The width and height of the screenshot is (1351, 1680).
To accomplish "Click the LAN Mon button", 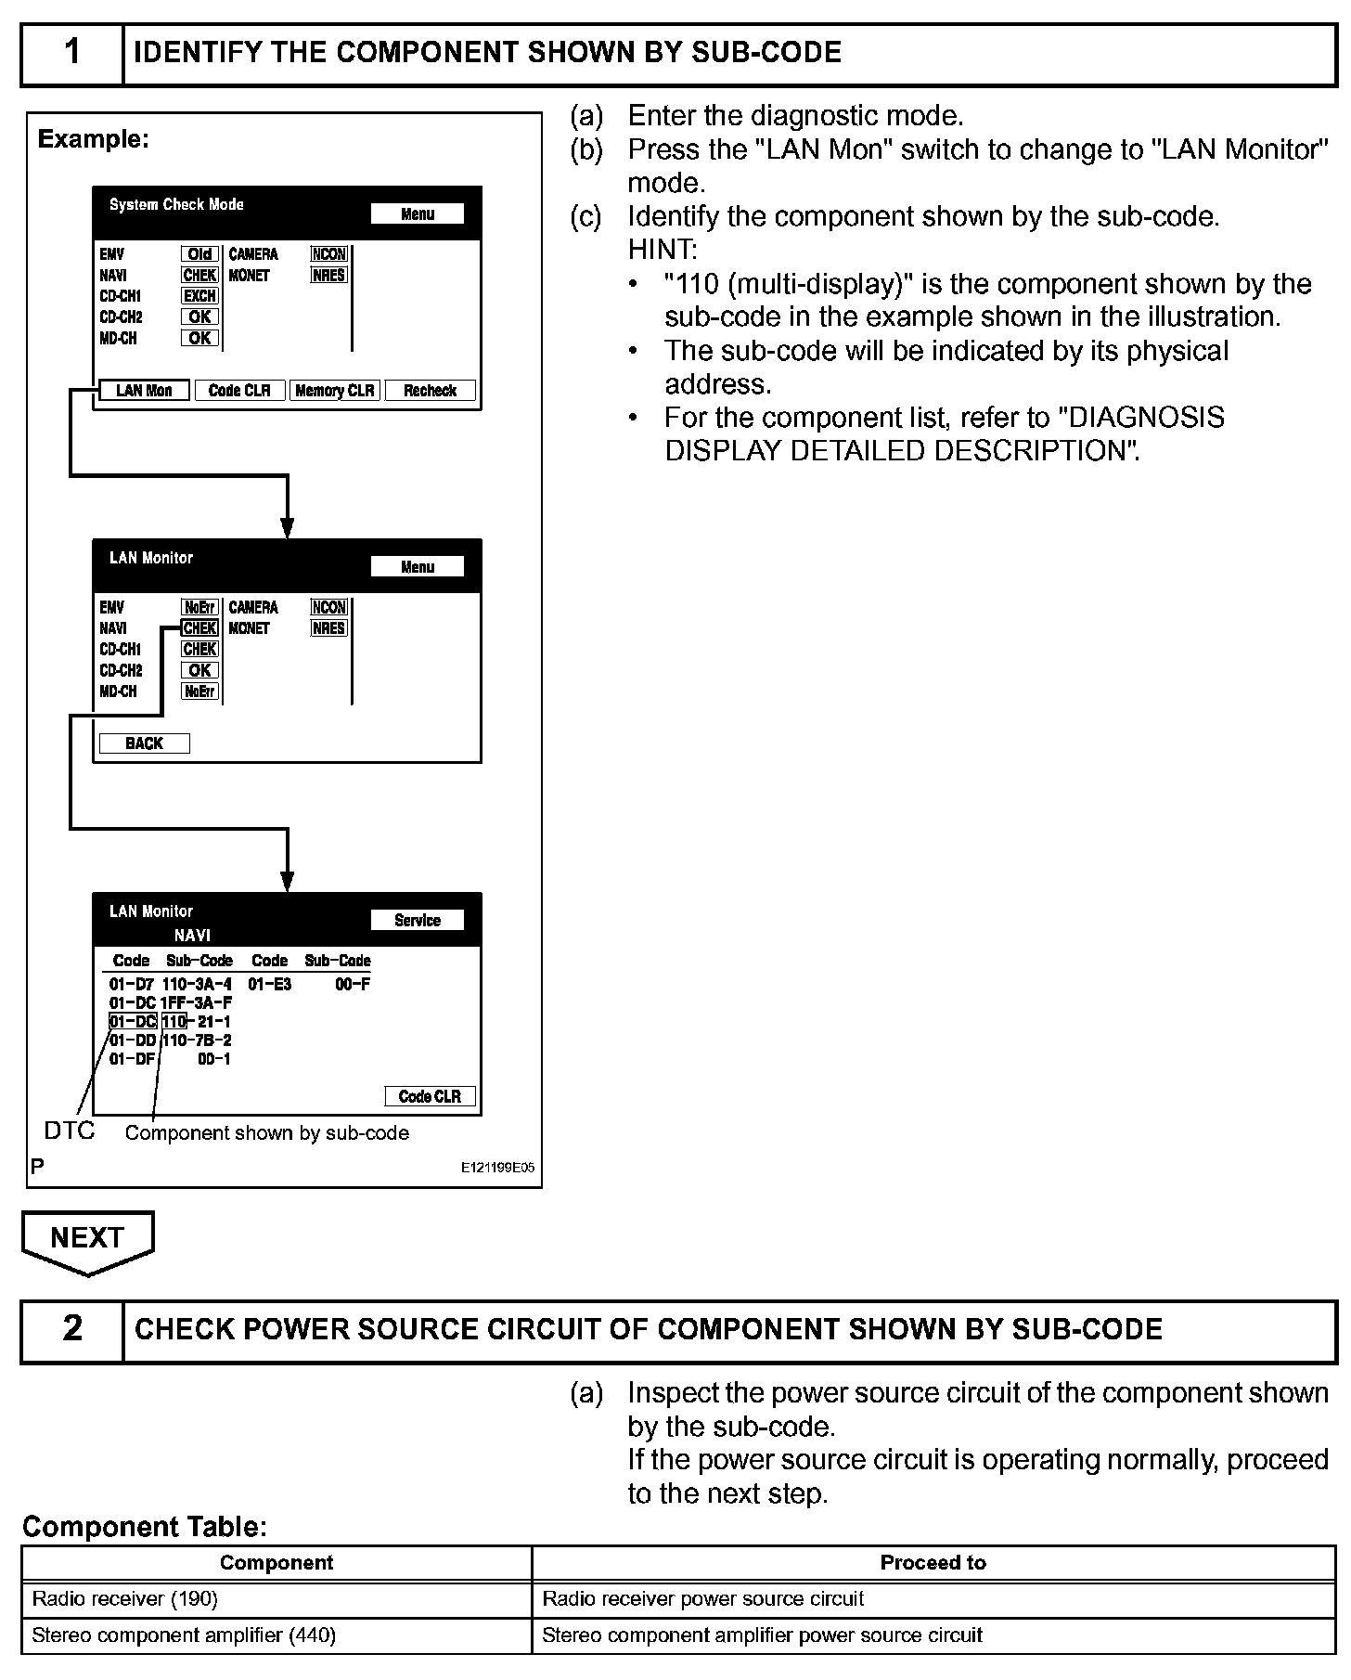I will point(144,391).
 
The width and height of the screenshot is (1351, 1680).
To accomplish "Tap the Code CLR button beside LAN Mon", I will point(239,391).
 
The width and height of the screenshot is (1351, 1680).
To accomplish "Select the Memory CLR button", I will point(334,391).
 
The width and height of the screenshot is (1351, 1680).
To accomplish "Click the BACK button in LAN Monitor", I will point(144,743).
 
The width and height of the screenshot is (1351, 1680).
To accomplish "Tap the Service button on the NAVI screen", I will point(417,920).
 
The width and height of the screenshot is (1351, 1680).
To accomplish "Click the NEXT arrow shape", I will point(87,1240).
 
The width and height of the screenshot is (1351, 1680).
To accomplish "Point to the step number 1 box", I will point(72,53).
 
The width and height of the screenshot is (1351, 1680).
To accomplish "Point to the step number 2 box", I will point(72,1329).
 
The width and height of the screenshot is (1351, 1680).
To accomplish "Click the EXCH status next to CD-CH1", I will point(199,296).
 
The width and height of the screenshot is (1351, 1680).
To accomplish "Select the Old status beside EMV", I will point(199,254).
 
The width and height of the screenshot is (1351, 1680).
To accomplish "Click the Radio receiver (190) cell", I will point(277,1598).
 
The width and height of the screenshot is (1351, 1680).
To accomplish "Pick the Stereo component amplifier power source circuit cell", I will point(933,1635).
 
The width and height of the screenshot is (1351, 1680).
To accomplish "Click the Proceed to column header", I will point(933,1562).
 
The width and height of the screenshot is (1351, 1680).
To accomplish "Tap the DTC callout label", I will point(70,1131).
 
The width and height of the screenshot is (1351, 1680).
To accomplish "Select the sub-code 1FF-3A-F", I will point(196,1003).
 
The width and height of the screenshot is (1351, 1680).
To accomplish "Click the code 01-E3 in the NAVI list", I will point(269,984).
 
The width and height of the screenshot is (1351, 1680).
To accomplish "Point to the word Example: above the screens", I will point(93,139).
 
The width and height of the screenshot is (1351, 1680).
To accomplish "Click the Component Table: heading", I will point(145,1526).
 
